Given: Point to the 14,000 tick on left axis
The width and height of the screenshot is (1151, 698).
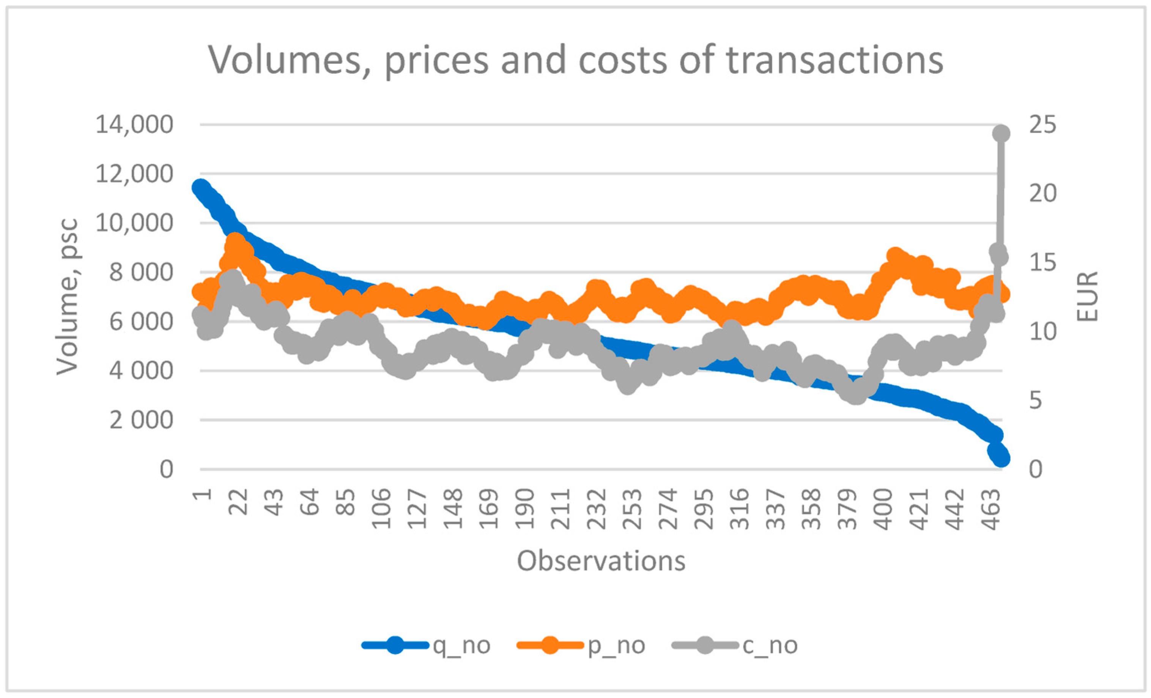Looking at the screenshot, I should pos(134,125).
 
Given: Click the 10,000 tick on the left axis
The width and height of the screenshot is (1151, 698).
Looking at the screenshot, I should pos(134,223).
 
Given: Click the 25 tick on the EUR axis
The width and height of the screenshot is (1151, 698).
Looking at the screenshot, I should pos(1042,125).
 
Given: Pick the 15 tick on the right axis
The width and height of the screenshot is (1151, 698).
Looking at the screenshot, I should pos(1042,263).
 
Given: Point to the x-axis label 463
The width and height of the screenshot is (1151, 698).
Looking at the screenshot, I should pos(991,508).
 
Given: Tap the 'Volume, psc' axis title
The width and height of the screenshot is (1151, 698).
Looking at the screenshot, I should pos(67,297).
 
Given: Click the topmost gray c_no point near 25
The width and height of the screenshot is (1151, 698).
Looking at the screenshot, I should pos(1001,133).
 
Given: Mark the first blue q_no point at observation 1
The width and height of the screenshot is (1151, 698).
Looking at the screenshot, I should pos(201,188).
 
